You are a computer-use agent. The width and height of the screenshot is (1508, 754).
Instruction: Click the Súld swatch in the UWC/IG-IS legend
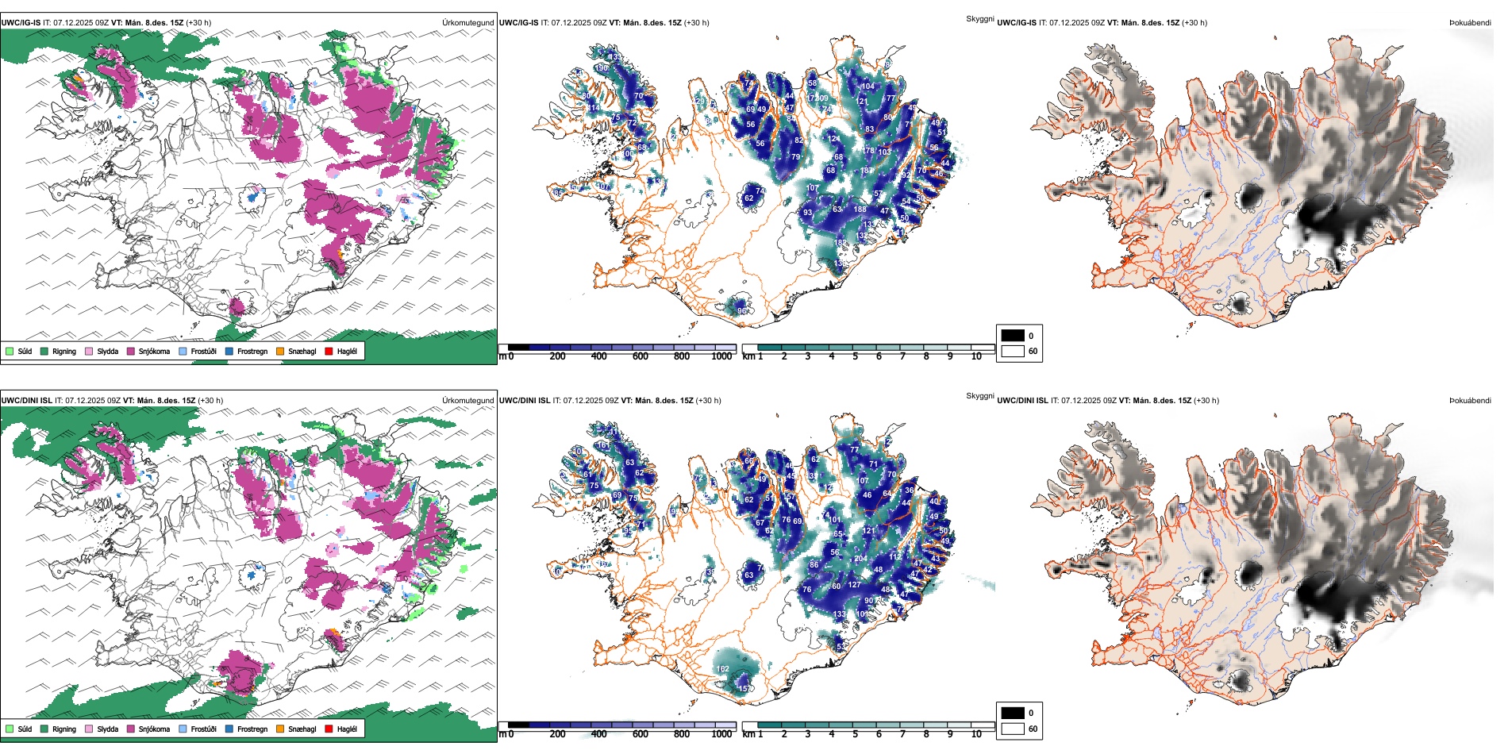pyautogui.click(x=10, y=351)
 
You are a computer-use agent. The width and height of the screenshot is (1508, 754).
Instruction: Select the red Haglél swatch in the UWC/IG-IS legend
pyautogui.click(x=329, y=351)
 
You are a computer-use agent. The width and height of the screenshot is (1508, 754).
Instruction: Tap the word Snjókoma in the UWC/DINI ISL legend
pyautogui.click(x=154, y=729)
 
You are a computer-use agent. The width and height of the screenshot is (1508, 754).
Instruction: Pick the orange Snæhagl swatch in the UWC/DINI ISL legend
pyautogui.click(x=280, y=729)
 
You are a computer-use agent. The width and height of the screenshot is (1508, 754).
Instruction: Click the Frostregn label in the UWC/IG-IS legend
pyautogui.click(x=252, y=351)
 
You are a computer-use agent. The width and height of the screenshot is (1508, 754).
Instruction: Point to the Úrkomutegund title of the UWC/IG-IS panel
pyautogui.click(x=467, y=23)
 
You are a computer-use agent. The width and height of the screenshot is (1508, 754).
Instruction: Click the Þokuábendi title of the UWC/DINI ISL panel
pyautogui.click(x=1470, y=401)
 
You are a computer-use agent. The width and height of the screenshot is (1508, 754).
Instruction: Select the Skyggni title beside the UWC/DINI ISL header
pyautogui.click(x=979, y=396)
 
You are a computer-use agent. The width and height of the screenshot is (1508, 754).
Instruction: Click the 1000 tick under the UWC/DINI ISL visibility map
pyautogui.click(x=721, y=734)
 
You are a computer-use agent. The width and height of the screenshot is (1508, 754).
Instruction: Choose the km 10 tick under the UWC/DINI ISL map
pyautogui.click(x=976, y=734)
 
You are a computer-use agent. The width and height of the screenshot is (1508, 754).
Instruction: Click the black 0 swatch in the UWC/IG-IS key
pyautogui.click(x=1013, y=336)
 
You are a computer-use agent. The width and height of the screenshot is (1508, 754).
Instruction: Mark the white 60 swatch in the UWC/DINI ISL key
pyautogui.click(x=1013, y=729)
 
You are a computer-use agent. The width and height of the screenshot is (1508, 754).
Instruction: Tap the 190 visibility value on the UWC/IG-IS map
pyautogui.click(x=602, y=68)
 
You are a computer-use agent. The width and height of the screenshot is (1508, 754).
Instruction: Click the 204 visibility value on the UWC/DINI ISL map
pyautogui.click(x=860, y=559)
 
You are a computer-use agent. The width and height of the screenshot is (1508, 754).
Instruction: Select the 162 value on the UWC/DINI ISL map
pyautogui.click(x=723, y=669)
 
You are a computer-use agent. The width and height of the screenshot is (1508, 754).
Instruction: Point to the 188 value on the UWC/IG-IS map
pyautogui.click(x=860, y=210)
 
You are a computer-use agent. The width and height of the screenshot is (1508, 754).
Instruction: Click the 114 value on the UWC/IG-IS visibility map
pyautogui.click(x=594, y=108)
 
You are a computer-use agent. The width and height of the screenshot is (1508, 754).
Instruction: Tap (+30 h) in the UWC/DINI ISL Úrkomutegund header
pyautogui.click(x=210, y=401)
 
